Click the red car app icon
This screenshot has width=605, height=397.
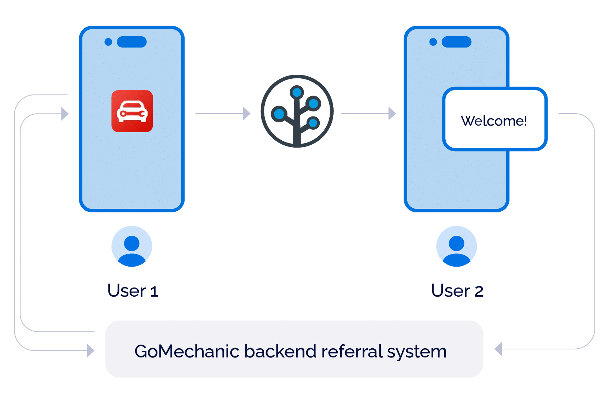coord(132,111)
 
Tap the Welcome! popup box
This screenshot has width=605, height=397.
coord(494,119)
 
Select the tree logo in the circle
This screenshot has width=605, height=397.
coord(297,111)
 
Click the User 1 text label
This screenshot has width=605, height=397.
coord(133,291)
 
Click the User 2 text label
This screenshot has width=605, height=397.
coord(457,291)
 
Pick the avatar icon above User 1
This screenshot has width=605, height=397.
coord(132,246)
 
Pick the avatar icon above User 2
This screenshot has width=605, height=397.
coord(457,246)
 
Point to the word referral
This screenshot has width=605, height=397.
coord(352,351)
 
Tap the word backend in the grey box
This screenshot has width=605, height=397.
coord(280,351)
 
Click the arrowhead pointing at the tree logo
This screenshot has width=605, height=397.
coord(246,114)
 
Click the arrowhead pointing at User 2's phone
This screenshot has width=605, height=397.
coord(392,114)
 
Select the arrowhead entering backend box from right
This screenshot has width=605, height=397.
coord(498,349)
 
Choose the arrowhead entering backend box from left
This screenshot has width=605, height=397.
coord(90,350)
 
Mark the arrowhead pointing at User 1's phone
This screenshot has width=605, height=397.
coord(65,114)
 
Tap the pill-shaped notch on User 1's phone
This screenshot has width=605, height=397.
coord(132,42)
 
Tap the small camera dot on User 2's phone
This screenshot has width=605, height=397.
coord(433,42)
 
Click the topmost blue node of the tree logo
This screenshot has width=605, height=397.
coord(297,92)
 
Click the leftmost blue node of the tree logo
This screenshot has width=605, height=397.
coord(279,114)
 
